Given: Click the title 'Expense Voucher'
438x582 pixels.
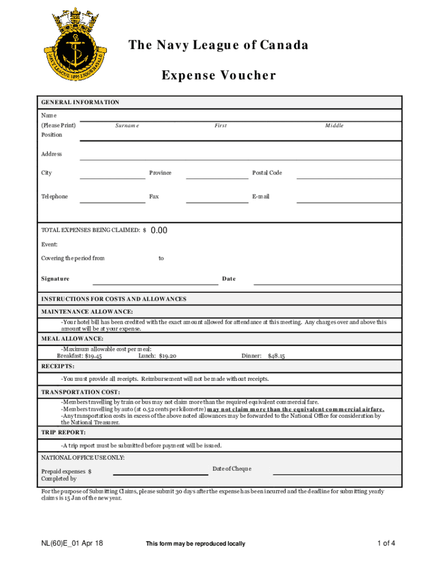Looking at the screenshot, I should click(219, 76).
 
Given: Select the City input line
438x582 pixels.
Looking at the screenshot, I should click(112, 177).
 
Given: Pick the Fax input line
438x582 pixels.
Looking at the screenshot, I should click(217, 201).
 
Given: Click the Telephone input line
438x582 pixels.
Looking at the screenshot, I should click(112, 201).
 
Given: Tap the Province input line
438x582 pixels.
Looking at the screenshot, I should click(217, 177).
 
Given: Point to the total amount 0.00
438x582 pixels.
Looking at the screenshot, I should click(159, 230).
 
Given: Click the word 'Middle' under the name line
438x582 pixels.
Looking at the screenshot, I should click(334, 126).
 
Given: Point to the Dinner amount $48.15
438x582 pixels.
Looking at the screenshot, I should click(276, 356).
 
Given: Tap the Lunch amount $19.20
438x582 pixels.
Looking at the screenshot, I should click(168, 356).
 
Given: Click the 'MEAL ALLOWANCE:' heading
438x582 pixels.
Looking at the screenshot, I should click(72, 339).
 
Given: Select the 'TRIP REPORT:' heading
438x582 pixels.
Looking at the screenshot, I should click(64, 433).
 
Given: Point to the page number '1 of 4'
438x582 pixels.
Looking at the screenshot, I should click(386, 543).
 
